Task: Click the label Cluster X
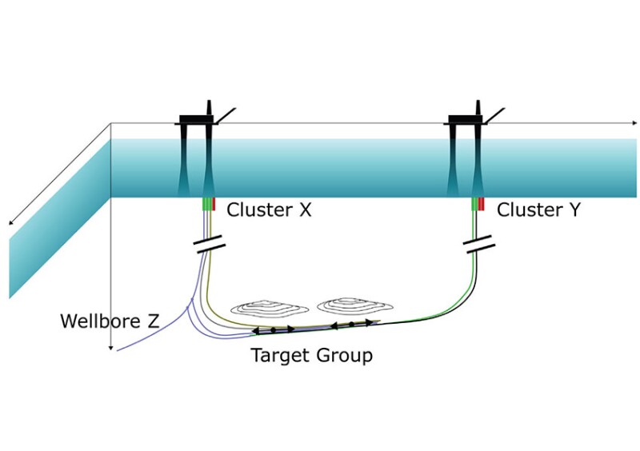point(268,210)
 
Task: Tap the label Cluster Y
point(538,210)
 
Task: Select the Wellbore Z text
point(110,322)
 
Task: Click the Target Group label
point(312,356)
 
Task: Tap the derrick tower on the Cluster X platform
point(210,108)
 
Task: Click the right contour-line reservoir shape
point(350,306)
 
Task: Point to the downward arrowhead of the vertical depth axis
point(110,347)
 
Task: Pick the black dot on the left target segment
point(274,329)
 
